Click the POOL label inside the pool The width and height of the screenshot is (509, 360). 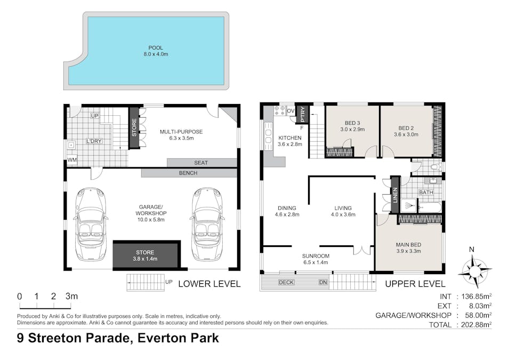(156, 48)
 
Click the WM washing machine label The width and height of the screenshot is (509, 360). (72, 160)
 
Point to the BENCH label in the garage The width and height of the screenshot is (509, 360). (188, 173)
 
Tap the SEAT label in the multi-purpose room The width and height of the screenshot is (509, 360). (200, 163)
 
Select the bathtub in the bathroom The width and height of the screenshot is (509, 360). (430, 207)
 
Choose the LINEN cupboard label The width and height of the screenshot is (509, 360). (395, 195)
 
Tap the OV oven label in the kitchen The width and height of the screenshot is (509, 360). (290, 111)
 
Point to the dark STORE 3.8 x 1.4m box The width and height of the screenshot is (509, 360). (146, 255)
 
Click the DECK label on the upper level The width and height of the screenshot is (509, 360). (286, 282)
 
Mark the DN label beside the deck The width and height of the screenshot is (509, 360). (323, 282)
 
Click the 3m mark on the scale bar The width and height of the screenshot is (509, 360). (71, 297)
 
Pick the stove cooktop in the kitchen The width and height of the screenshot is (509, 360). (280, 111)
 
